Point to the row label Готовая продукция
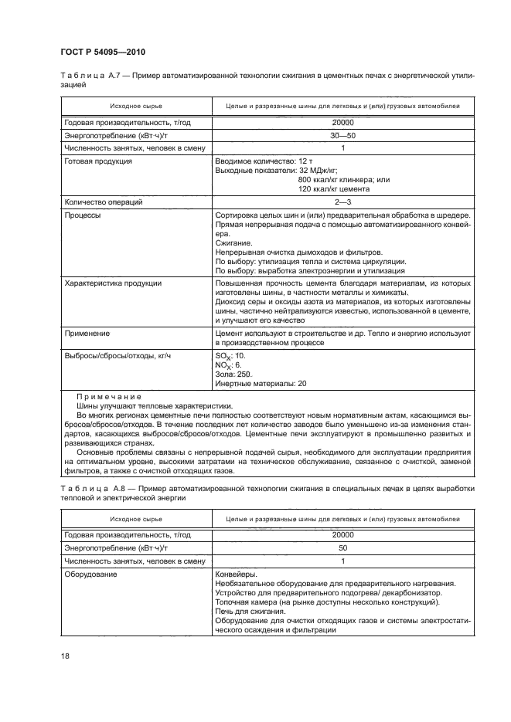tap(97, 161)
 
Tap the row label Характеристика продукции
tap(112, 283)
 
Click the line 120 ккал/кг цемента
tap(333, 188)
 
